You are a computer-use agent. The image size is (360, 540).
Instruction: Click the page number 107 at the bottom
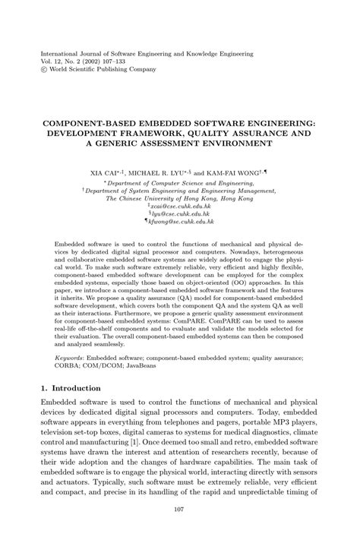coord(179,508)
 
